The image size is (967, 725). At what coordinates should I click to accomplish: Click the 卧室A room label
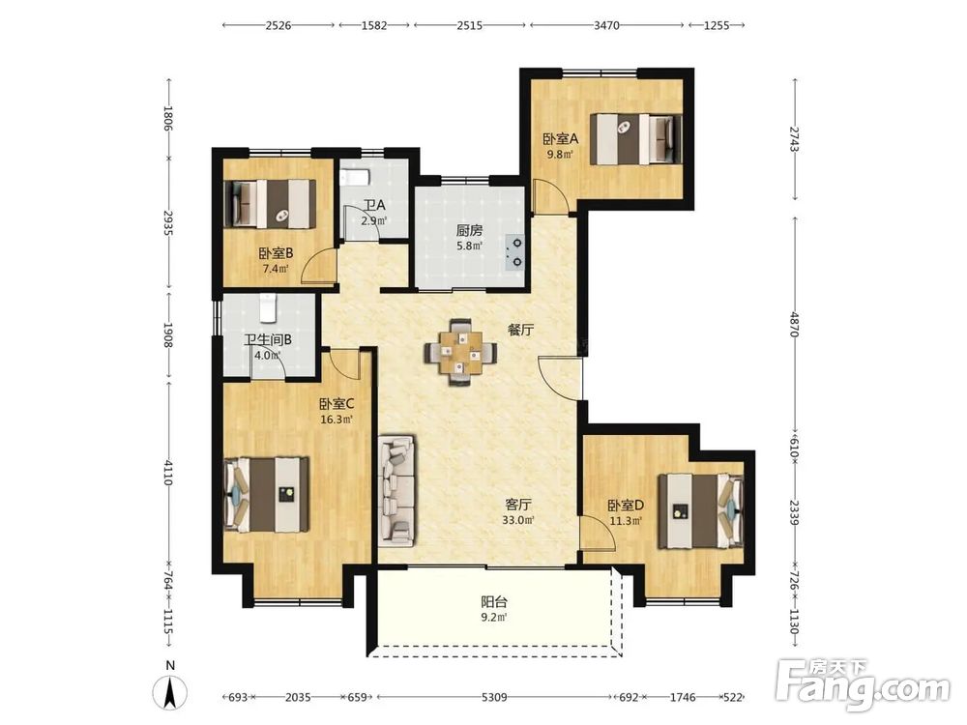[x=560, y=139]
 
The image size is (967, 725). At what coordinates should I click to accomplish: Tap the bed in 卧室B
[x=270, y=203]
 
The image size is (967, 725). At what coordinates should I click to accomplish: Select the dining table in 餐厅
[x=460, y=353]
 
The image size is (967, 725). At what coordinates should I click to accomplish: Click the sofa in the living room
[x=396, y=491]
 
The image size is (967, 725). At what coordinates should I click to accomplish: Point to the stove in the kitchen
[x=514, y=251]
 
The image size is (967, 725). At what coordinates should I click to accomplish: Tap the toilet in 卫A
[x=355, y=178]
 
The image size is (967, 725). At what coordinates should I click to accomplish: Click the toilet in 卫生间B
[x=268, y=307]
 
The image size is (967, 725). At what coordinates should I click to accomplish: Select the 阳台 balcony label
[x=494, y=601]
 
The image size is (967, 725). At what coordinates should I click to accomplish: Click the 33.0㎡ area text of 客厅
[x=517, y=520]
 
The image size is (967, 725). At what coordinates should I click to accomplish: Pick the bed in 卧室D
[x=701, y=511]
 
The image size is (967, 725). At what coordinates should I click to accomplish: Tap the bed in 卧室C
[x=267, y=494]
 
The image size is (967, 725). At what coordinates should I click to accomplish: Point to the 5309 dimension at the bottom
[x=494, y=697]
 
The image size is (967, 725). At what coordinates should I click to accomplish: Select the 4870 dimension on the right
[x=794, y=324]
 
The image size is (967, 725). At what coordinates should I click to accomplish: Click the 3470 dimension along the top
[x=606, y=25]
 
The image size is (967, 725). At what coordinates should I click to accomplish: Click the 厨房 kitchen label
[x=469, y=231]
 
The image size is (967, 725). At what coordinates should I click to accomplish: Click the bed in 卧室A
[x=636, y=138]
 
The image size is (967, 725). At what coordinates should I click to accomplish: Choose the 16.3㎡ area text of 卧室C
[x=337, y=420]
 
